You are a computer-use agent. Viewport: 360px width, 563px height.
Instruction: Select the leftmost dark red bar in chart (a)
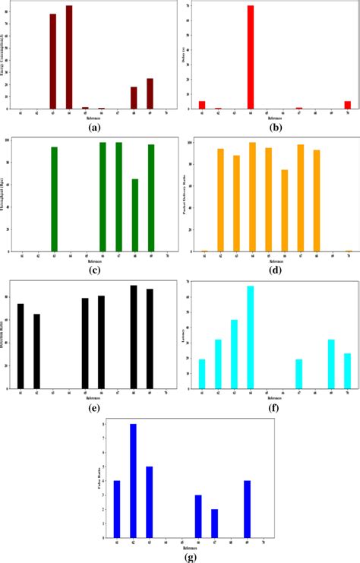point(53,62)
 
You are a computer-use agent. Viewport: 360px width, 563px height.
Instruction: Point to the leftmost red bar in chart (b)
point(202,106)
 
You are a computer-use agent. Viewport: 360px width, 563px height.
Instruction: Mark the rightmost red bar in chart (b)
point(347,106)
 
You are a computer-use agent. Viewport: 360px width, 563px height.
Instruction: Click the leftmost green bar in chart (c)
point(54,199)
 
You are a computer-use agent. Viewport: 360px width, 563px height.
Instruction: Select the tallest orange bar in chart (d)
point(251,197)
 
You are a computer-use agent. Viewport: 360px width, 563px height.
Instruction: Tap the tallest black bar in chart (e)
point(134,337)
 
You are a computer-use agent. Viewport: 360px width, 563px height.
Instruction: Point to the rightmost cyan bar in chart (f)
point(347,371)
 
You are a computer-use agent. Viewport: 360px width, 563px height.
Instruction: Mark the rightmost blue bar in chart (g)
point(247,508)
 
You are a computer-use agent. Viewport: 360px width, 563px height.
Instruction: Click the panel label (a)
point(95,128)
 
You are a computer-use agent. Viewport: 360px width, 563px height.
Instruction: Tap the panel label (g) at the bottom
point(182,556)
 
